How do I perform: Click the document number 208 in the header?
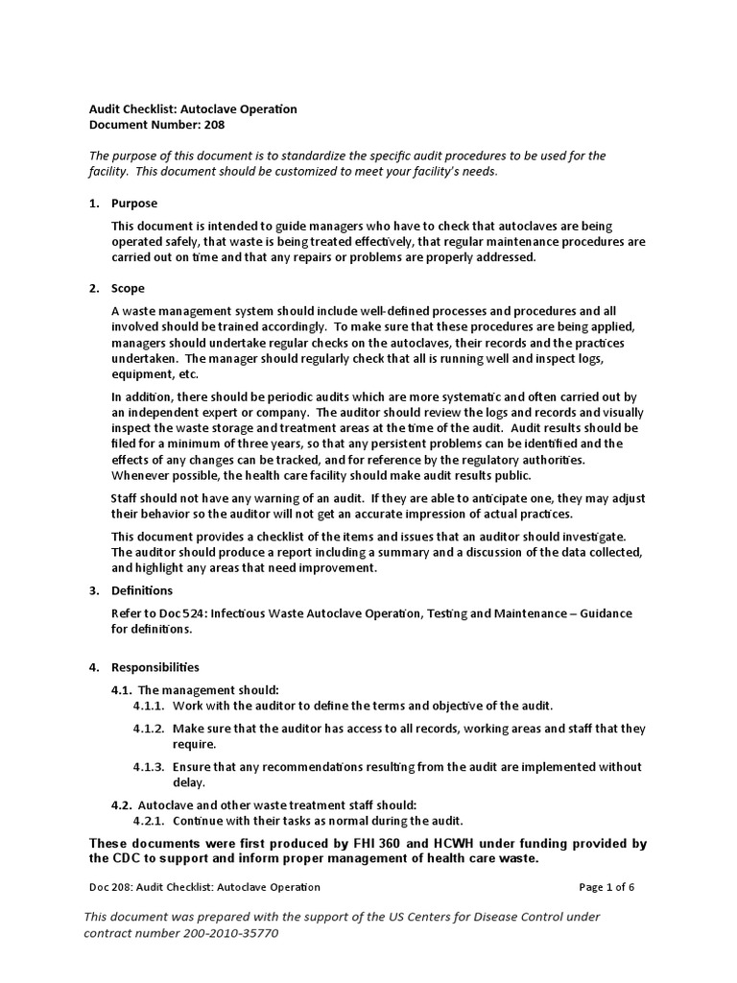(x=212, y=125)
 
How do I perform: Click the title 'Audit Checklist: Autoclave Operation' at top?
(x=192, y=108)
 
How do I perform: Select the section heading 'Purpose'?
(x=134, y=204)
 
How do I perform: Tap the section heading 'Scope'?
(x=128, y=288)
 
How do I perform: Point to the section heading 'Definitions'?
(x=142, y=590)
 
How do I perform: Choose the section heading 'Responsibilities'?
(x=155, y=666)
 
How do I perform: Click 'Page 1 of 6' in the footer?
(x=606, y=887)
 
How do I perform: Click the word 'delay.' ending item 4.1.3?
(x=189, y=782)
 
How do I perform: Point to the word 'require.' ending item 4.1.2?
(x=196, y=744)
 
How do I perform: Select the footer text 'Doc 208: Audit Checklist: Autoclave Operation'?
(x=204, y=887)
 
